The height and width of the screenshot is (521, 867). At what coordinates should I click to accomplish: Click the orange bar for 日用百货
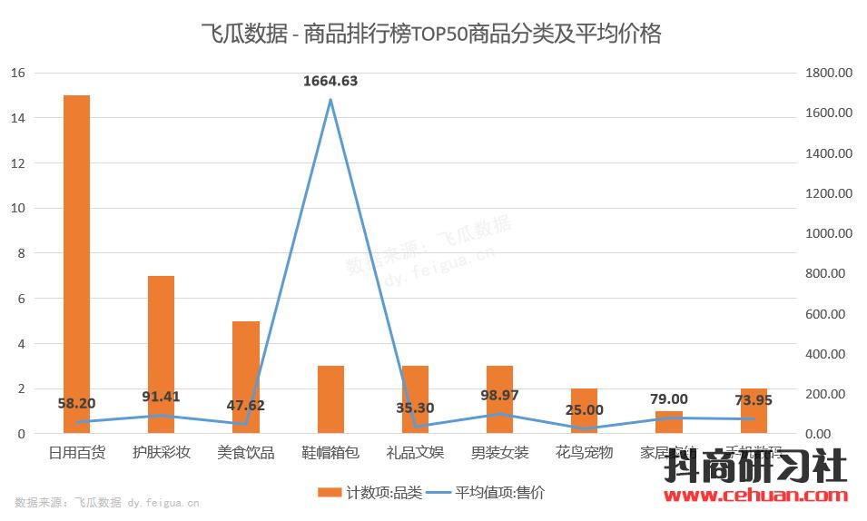[76, 263]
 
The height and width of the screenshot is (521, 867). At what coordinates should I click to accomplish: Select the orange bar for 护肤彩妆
[161, 354]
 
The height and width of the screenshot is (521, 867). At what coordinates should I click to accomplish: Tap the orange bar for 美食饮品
[245, 377]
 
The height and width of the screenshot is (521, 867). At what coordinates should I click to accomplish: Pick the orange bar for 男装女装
[499, 399]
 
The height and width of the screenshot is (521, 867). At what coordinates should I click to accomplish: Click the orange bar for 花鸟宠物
[584, 410]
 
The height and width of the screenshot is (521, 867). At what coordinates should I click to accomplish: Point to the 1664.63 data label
[330, 81]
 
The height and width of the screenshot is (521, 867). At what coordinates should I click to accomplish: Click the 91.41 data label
[161, 397]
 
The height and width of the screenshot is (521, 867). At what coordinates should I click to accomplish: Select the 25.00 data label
[584, 411]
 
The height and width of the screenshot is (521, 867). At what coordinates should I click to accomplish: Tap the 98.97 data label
[499, 397]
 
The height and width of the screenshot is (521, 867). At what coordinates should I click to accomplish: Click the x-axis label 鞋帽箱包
[330, 452]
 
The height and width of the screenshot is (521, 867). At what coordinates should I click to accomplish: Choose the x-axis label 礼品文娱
[415, 452]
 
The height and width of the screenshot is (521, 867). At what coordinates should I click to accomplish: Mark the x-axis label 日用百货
[76, 452]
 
